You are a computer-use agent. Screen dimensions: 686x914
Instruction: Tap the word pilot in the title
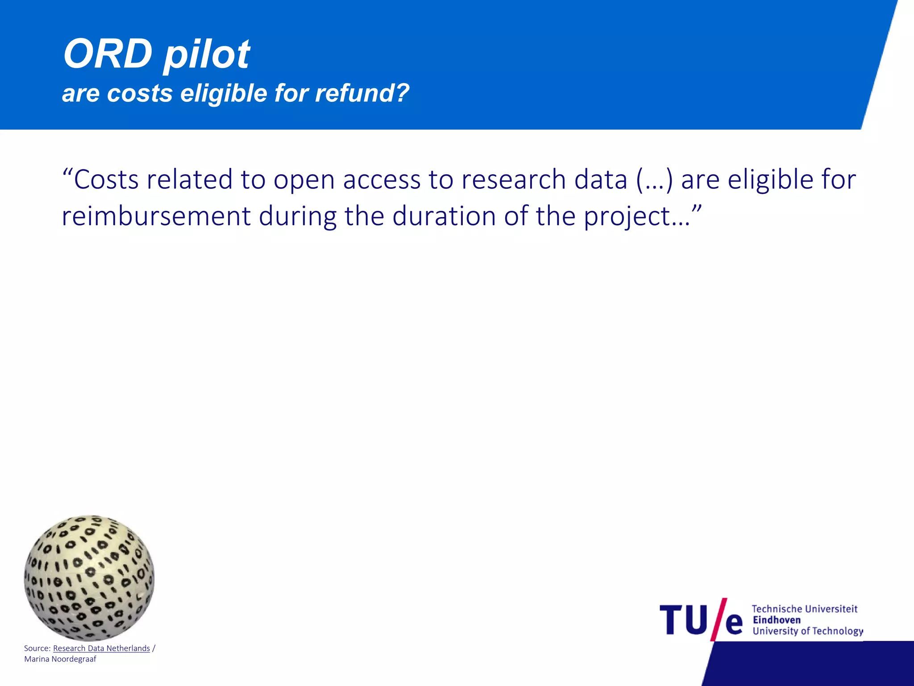[x=206, y=55]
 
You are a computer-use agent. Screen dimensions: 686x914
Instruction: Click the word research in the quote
[x=513, y=180]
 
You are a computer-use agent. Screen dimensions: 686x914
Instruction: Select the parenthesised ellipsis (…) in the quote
[x=654, y=180]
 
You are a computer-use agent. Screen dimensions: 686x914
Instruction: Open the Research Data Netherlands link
[x=101, y=648]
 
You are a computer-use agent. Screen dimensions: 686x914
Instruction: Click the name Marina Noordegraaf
[x=60, y=659]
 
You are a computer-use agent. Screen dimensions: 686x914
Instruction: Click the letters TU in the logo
[x=683, y=620]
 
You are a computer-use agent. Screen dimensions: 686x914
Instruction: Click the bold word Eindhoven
[x=777, y=620]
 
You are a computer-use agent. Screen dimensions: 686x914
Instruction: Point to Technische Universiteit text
[x=804, y=609]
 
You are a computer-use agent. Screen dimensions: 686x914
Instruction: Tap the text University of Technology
[x=807, y=631]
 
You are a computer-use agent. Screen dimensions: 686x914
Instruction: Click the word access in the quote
[x=382, y=180]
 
